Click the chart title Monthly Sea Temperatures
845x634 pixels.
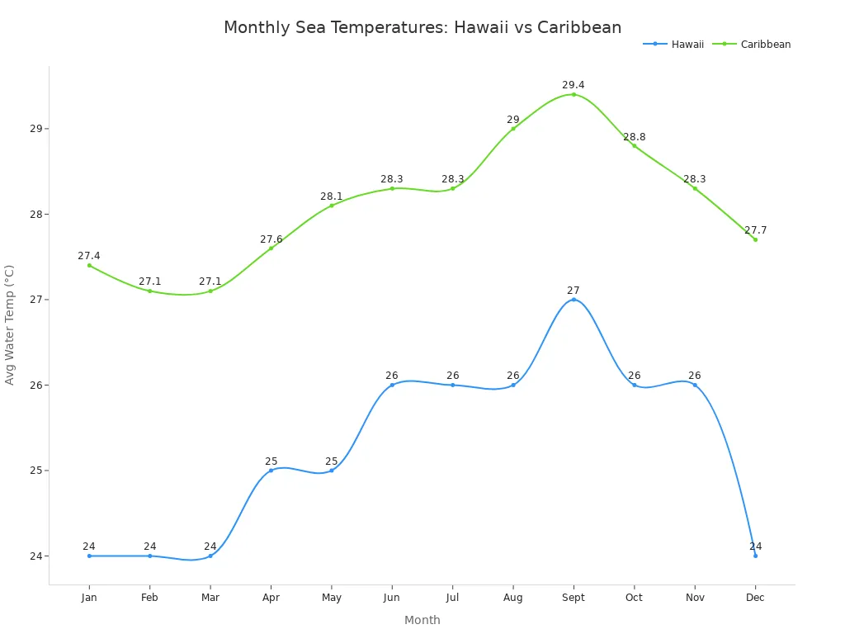point(422,27)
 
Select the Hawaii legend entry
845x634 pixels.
point(673,45)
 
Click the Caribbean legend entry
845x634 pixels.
point(757,45)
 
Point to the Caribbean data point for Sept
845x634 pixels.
point(574,94)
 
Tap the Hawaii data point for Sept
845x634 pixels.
point(574,300)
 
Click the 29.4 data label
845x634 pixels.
point(574,85)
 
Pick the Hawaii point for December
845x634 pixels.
point(755,556)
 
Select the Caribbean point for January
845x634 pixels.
point(89,265)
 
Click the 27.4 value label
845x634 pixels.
point(89,256)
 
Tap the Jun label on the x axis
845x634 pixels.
point(392,598)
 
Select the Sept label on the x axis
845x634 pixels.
point(574,598)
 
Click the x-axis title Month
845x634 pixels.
point(422,620)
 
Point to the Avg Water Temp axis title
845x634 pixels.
point(10,324)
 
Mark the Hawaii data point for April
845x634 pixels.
point(271,471)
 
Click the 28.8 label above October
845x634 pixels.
point(635,137)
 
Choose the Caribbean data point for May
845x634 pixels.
point(332,206)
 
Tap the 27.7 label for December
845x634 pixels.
point(755,230)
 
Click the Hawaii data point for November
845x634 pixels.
point(695,385)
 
